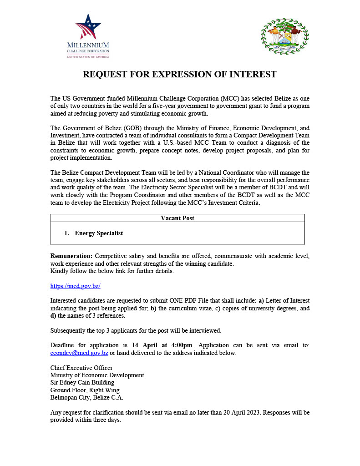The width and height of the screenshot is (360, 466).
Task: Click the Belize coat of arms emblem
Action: point(284,36)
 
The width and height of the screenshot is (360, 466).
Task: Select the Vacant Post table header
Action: point(177,218)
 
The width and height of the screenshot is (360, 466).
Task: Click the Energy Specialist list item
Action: point(99,233)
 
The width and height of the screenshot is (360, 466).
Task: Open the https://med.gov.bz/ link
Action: point(75,286)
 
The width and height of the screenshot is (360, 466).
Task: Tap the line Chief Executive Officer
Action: point(81,368)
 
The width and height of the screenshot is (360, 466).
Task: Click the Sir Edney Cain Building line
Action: point(82,383)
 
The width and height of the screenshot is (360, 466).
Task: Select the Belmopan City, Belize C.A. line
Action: point(87,397)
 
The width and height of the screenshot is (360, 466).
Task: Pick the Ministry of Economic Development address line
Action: point(97,375)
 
